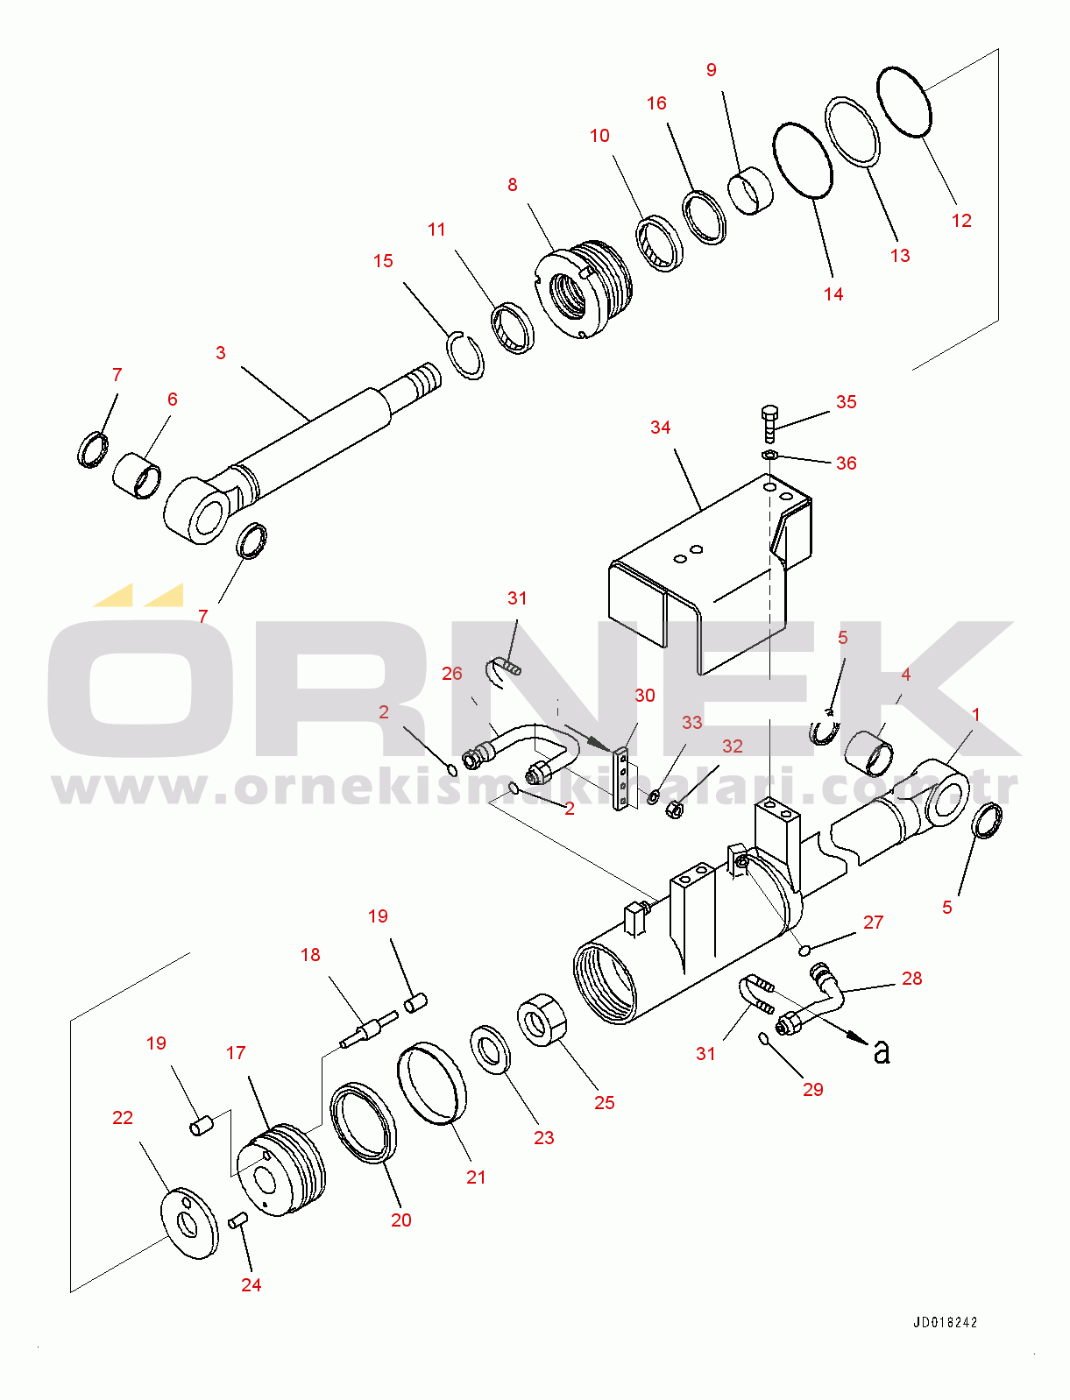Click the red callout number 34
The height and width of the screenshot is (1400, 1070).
pos(660,428)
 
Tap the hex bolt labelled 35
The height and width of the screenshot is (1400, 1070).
pos(769,423)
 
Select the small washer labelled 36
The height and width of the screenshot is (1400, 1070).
pos(769,454)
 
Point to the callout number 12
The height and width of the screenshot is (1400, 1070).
pos(960,221)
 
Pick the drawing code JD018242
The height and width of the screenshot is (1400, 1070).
pos(945,1322)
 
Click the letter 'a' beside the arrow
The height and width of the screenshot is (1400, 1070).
pos(881,1052)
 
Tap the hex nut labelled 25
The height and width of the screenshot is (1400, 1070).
pos(542,1019)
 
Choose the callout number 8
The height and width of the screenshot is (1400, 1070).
pos(513,185)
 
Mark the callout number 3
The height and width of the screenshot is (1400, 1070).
pos(221,353)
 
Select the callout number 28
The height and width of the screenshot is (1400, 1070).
pos(911,979)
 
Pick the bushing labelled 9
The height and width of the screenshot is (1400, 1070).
pos(750,190)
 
